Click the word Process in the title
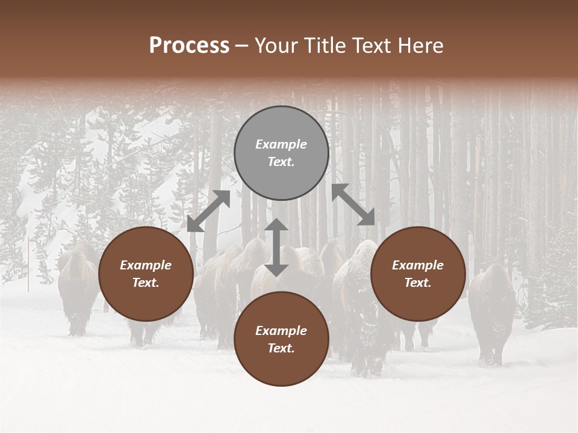[x=189, y=46]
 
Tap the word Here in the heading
[x=421, y=46]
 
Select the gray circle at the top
[x=281, y=153]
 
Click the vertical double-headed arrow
[x=276, y=247]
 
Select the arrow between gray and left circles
[x=208, y=211]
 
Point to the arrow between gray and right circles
[x=353, y=204]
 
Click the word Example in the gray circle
[x=281, y=144]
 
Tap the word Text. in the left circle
[x=146, y=283]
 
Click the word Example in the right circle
[x=418, y=265]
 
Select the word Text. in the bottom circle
[x=281, y=348]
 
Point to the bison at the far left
[x=77, y=289]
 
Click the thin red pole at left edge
[x=28, y=265]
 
